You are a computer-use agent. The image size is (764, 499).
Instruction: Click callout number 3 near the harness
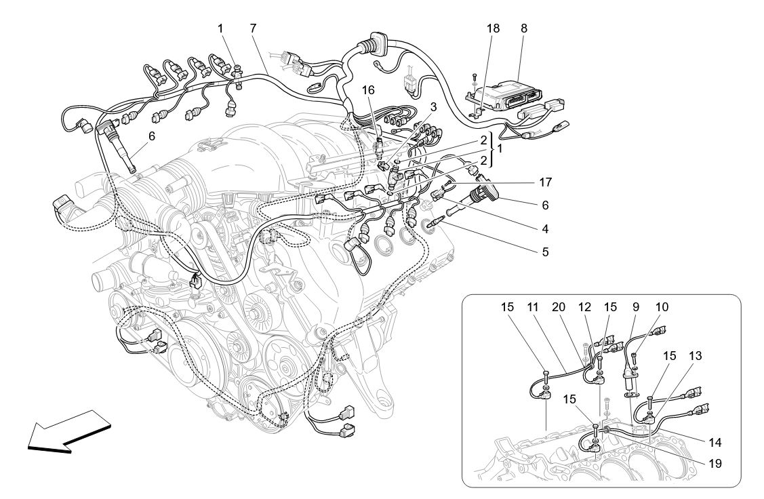click(x=432, y=107)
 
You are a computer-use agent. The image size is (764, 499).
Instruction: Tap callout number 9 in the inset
click(x=636, y=306)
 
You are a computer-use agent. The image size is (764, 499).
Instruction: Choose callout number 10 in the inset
click(x=662, y=306)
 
